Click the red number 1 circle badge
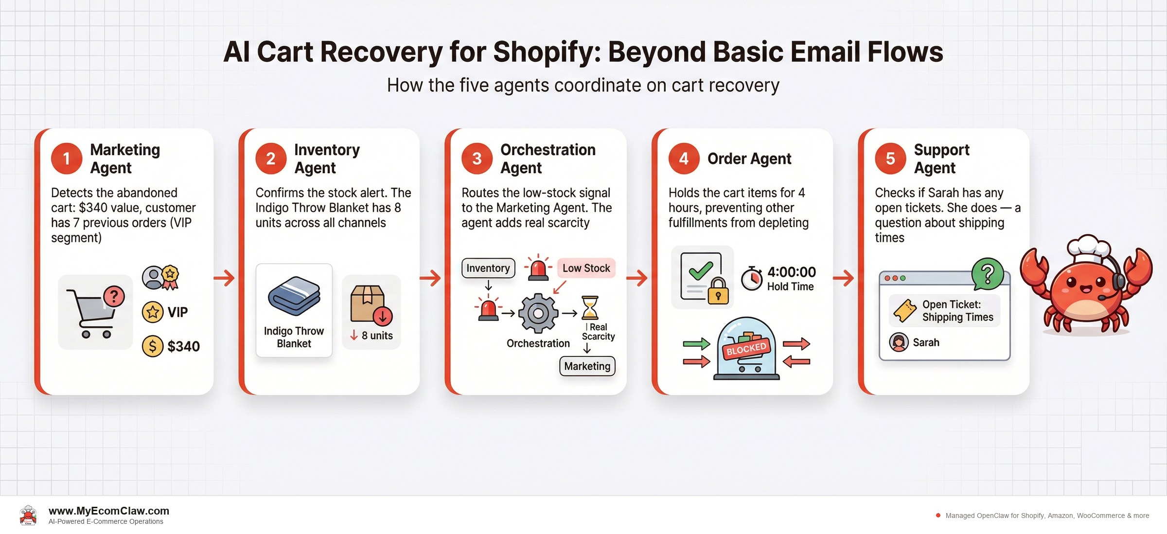click(x=67, y=159)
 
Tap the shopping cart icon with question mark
click(x=95, y=311)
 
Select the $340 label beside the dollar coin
click(x=183, y=346)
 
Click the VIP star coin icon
click(x=152, y=312)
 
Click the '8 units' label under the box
click(x=376, y=336)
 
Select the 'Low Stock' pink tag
click(x=586, y=268)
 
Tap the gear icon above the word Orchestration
click(x=538, y=313)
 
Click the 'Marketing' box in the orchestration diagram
click(x=587, y=366)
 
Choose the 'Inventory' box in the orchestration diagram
click(x=488, y=268)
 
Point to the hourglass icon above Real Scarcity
click(x=590, y=307)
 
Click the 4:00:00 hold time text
click(x=791, y=272)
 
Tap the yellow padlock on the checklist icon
click(x=718, y=291)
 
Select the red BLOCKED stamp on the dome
click(x=746, y=349)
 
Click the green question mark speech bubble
click(x=987, y=273)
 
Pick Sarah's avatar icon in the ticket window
click(x=899, y=342)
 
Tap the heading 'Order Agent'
click(x=749, y=159)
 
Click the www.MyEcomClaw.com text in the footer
click(x=109, y=511)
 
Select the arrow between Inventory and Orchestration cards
click(x=430, y=278)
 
